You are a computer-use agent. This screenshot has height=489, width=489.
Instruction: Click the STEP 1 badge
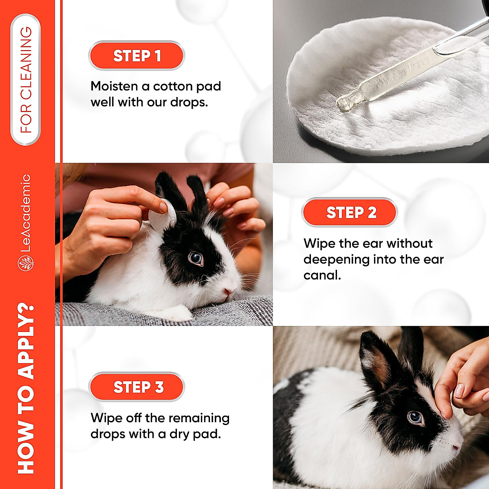[x=137, y=56]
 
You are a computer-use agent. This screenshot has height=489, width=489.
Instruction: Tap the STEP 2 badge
[x=350, y=212]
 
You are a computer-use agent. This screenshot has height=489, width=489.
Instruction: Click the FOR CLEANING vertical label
[x=26, y=80]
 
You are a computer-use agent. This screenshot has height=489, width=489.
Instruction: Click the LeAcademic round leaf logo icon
[x=26, y=263]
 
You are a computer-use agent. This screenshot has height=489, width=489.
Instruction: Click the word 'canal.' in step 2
[x=322, y=275]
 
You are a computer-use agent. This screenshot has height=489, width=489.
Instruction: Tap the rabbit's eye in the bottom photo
[x=415, y=417]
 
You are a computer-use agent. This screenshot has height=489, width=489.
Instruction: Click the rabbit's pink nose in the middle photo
[x=227, y=291]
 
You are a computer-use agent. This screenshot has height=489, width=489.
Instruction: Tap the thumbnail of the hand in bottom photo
[x=459, y=391]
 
